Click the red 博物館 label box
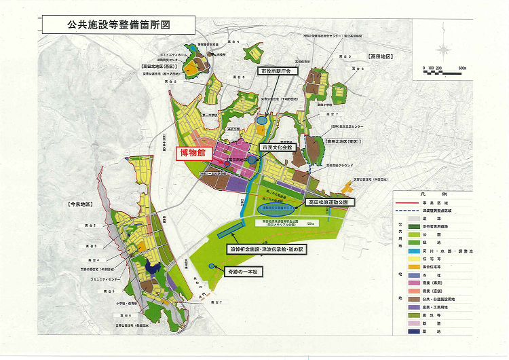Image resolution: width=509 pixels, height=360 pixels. [193, 154]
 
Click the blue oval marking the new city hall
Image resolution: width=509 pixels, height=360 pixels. [261, 120]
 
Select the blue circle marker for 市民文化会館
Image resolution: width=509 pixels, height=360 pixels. [252, 160]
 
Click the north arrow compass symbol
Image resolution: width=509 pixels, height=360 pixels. [444, 51]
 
